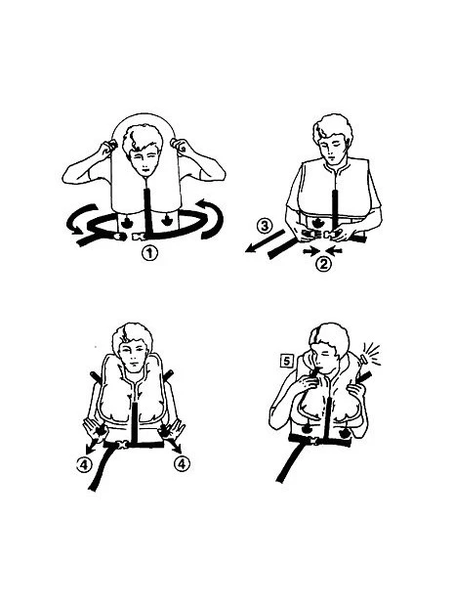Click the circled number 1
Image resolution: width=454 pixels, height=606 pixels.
tap(149, 253)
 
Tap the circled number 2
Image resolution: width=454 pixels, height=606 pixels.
tap(323, 265)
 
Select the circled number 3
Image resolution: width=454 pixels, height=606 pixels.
tap(265, 226)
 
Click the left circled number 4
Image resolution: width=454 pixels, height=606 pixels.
tap(83, 464)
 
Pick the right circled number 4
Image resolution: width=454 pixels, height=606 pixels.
tap(182, 463)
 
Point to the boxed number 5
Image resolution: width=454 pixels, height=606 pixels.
tap(286, 361)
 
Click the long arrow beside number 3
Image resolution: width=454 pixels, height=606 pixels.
tap(265, 241)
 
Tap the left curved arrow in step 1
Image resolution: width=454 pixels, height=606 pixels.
tap(80, 219)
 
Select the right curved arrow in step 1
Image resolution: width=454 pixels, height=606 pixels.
tap(211, 218)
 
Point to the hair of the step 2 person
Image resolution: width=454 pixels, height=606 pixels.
tap(332, 128)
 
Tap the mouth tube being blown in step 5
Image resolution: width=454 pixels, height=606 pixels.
tap(315, 371)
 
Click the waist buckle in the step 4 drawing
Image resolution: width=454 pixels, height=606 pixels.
tap(122, 445)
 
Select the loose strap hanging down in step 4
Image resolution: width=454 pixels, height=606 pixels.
tap(102, 467)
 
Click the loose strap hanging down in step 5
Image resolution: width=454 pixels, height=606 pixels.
tap(291, 461)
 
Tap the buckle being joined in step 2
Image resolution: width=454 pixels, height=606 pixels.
tap(321, 234)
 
